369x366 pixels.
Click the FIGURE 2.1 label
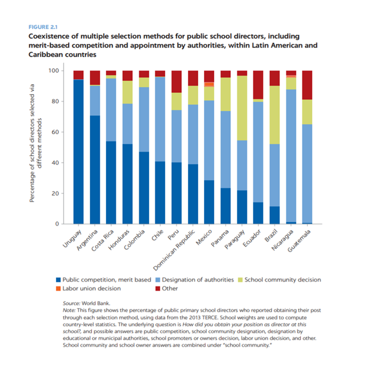coord(44,26)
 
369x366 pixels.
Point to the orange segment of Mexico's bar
coord(210,84)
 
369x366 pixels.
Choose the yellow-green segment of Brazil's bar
coord(275,115)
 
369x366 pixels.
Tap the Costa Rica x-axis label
coord(103,241)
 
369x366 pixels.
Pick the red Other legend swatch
coord(159,289)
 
